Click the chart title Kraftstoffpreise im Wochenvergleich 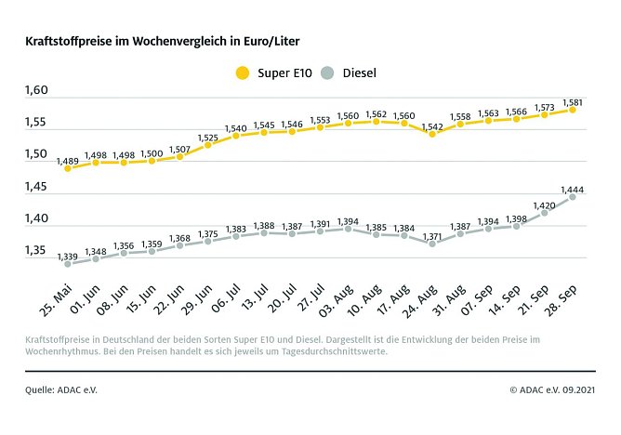[x=162, y=42]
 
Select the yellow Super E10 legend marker [x=244, y=72]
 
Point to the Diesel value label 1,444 [x=572, y=185]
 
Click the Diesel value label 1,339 [x=68, y=255]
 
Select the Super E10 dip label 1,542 [x=431, y=124]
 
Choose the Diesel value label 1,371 [x=431, y=235]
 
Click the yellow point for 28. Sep [x=572, y=109]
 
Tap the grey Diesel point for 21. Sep [x=544, y=212]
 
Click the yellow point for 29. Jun [x=208, y=145]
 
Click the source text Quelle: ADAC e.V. [x=60, y=389]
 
